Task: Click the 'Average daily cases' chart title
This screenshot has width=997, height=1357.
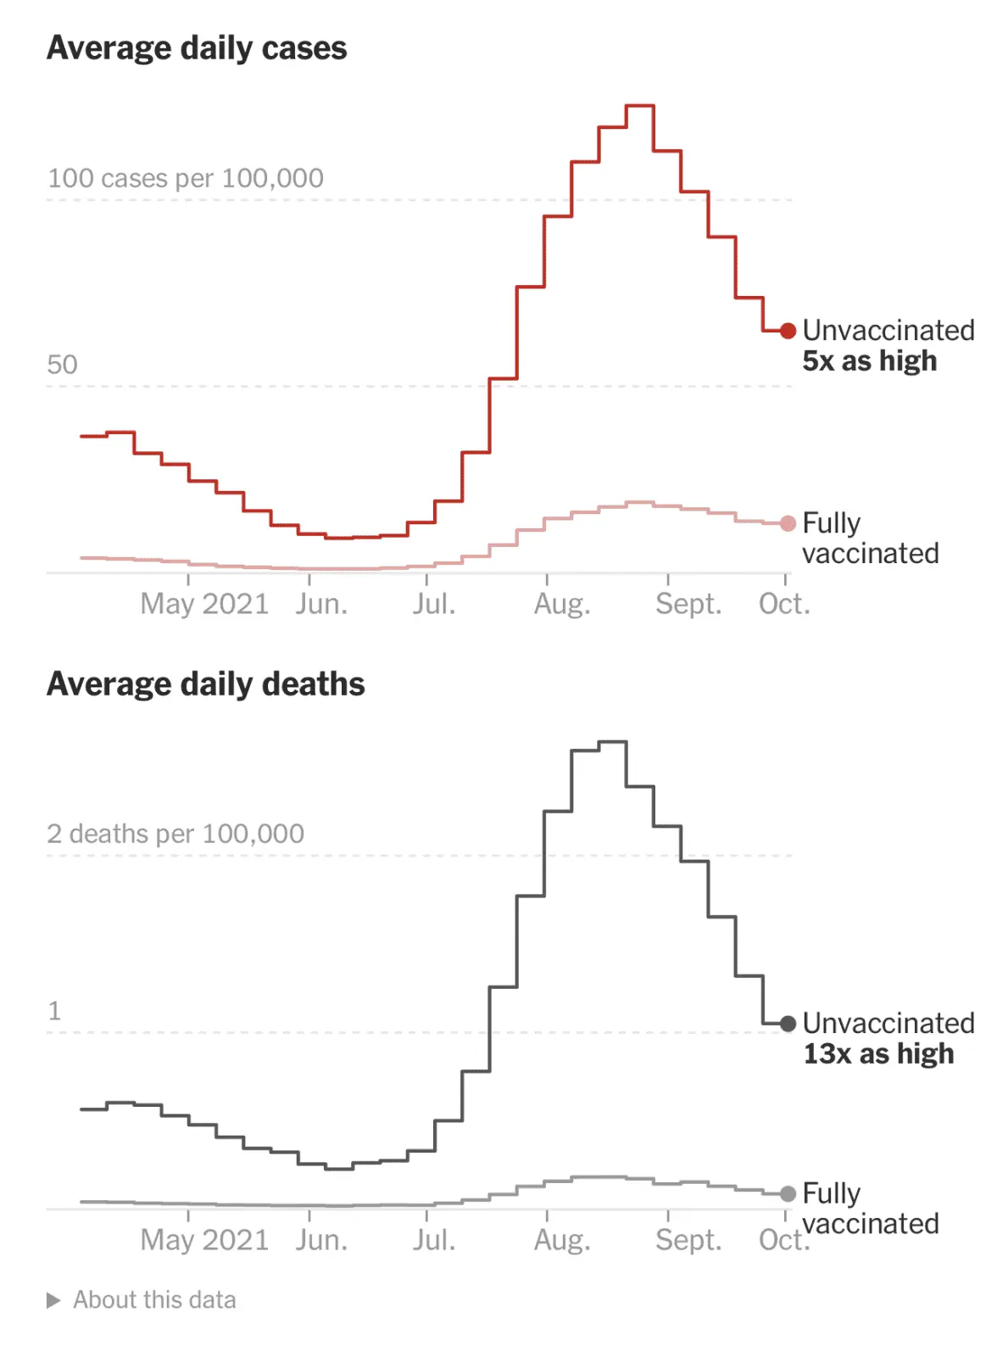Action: click(x=197, y=48)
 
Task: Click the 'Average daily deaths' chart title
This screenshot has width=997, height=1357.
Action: click(x=206, y=684)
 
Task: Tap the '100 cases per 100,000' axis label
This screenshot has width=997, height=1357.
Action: click(x=186, y=178)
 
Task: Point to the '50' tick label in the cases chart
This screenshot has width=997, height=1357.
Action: click(x=62, y=365)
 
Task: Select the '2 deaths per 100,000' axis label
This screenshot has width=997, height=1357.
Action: click(x=175, y=834)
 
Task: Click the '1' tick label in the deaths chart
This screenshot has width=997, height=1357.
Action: click(x=55, y=1011)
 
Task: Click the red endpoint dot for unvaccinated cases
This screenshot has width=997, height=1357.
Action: click(x=788, y=331)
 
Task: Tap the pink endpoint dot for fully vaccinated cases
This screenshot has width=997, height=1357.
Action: click(x=788, y=523)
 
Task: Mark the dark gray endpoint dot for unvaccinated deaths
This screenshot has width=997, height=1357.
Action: click(x=788, y=1024)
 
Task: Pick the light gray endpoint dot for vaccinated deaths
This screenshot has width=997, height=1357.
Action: click(x=788, y=1194)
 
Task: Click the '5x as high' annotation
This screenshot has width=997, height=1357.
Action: click(x=870, y=361)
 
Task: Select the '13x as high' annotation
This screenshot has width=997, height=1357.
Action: click(x=878, y=1054)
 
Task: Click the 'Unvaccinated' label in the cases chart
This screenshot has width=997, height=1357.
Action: click(x=888, y=330)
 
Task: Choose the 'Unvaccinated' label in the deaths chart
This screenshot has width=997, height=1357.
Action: click(x=888, y=1023)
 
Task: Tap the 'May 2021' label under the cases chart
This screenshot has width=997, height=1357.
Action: click(x=204, y=604)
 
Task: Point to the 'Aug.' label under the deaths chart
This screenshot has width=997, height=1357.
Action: click(x=562, y=1240)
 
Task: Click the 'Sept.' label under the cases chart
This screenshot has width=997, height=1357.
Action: click(x=688, y=604)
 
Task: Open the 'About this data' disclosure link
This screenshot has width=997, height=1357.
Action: click(x=154, y=1300)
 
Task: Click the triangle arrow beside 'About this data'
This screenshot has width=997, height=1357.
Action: click(x=53, y=1300)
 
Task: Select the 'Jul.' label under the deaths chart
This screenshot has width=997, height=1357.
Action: click(x=434, y=1240)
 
